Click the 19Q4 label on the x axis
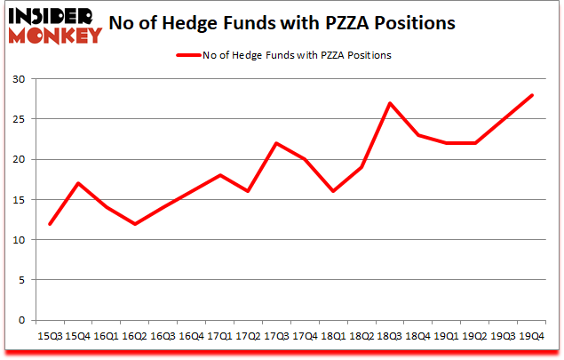point(531,336)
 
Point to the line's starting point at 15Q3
point(50,223)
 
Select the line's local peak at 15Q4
point(78,183)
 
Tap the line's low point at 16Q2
point(135,223)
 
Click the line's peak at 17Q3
point(277,143)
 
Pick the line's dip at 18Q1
point(334,191)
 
